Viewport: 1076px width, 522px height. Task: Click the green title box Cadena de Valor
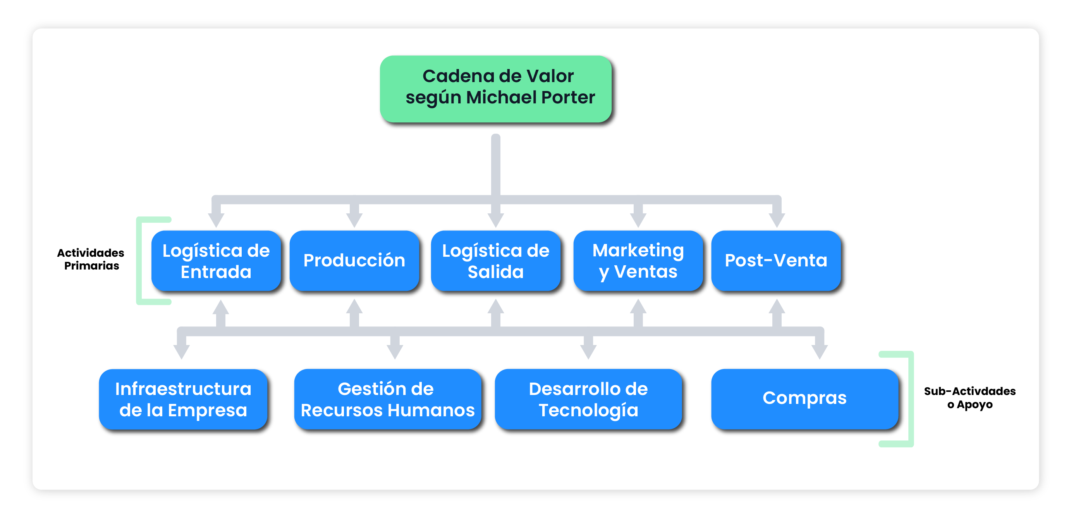click(x=496, y=89)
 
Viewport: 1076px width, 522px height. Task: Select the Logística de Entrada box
click(x=216, y=261)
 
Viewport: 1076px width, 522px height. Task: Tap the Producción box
click(x=354, y=261)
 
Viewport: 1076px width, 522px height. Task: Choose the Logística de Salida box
click(x=495, y=261)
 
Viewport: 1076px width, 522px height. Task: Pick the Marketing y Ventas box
click(x=638, y=261)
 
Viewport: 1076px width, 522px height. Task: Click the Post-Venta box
click(x=776, y=261)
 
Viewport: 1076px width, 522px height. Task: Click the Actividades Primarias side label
click(x=91, y=259)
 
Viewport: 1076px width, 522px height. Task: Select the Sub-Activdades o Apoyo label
click(x=969, y=398)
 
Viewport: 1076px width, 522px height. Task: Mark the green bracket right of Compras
click(x=911, y=399)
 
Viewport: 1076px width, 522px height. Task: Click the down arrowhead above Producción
click(x=354, y=219)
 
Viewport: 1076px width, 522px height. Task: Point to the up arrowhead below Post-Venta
click(x=777, y=307)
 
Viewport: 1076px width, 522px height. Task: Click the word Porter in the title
click(x=569, y=97)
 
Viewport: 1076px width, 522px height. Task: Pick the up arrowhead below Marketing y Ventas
click(x=638, y=307)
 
